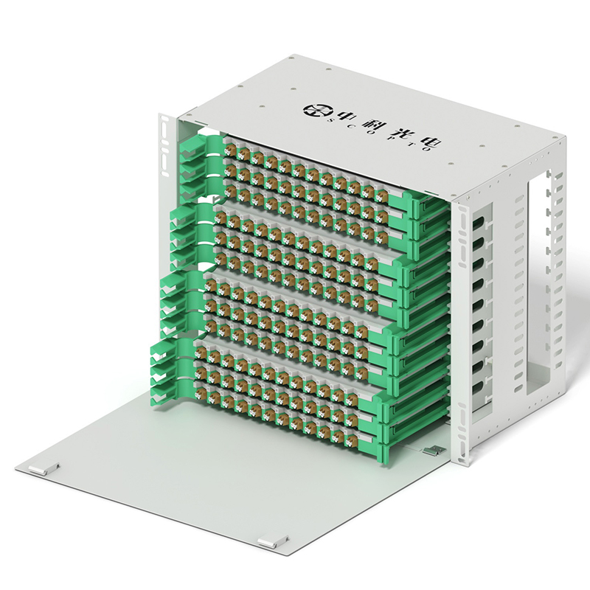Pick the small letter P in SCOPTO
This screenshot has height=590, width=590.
383,139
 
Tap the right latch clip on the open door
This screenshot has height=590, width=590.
273,543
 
